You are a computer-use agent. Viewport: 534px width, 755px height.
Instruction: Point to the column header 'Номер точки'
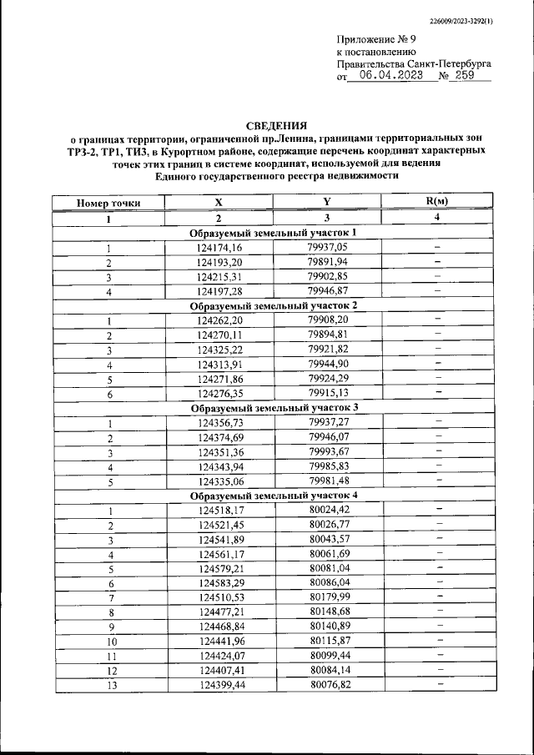pos(108,203)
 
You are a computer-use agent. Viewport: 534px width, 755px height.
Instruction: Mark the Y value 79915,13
pos(327,392)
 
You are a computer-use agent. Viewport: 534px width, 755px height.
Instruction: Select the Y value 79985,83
pos(327,466)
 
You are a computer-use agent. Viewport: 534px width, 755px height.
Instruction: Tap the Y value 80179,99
pos(327,596)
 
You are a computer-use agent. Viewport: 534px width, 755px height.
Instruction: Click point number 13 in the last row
pos(108,684)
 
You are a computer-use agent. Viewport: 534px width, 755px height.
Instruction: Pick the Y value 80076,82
pos(327,684)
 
